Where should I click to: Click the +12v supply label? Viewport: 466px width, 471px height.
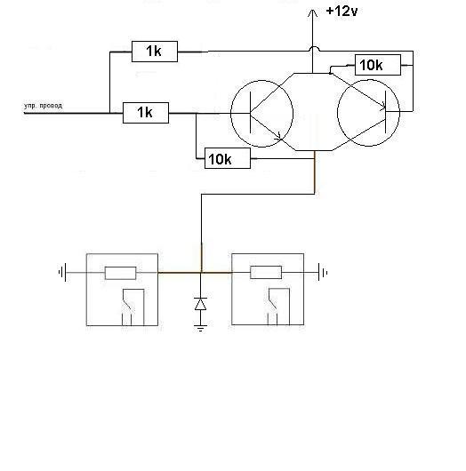click(x=341, y=12)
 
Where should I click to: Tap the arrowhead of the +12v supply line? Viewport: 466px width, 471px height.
click(x=313, y=12)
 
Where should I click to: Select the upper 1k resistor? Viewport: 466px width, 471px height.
click(x=155, y=52)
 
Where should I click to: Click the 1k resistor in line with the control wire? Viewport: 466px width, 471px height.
click(x=146, y=113)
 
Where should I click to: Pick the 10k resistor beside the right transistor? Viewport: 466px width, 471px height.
click(x=378, y=65)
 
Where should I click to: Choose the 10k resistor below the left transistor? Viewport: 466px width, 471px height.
click(x=228, y=158)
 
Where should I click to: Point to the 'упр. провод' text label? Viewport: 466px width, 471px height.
click(x=43, y=106)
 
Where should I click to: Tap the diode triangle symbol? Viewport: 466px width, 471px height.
click(x=200, y=304)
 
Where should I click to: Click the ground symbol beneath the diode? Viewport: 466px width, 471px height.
click(x=200, y=328)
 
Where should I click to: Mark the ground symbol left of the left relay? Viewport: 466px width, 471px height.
click(x=62, y=273)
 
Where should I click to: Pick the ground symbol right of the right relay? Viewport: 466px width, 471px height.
click(x=323, y=273)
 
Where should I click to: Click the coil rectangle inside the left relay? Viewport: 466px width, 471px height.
click(x=121, y=273)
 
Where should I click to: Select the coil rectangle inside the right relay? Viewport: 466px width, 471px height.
click(x=266, y=273)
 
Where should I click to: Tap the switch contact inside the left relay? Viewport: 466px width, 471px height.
click(x=127, y=304)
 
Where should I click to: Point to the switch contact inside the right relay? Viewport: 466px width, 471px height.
click(x=273, y=303)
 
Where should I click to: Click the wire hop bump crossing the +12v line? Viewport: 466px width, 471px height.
click(x=313, y=48)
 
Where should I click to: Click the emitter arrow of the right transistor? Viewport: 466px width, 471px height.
click(x=382, y=105)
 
